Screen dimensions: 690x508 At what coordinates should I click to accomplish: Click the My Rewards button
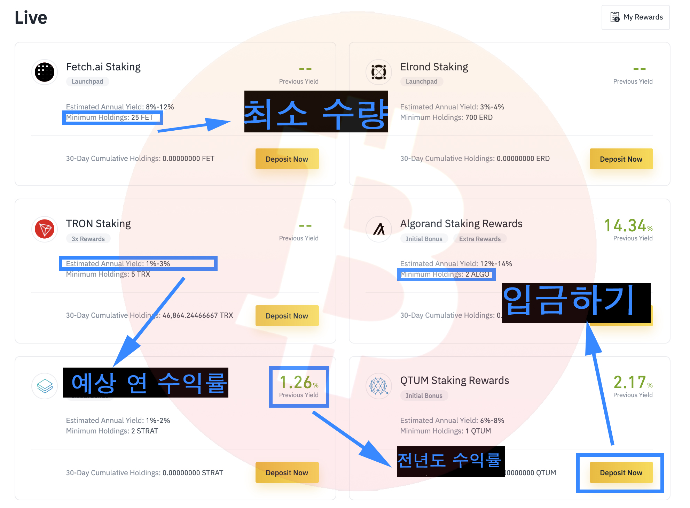636,17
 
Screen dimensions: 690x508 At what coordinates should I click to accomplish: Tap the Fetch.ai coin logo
45,72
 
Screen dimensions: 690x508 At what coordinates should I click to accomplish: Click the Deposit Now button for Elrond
621,159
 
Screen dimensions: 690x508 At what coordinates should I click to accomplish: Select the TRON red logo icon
45,229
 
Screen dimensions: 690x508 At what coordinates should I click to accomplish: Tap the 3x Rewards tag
88,239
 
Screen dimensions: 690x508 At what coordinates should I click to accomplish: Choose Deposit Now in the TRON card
287,316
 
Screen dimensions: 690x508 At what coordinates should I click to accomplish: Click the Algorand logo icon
379,229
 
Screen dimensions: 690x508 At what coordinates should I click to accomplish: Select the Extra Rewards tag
479,239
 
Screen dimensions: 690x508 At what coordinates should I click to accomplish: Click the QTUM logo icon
379,386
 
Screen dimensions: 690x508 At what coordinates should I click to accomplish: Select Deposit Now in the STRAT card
287,473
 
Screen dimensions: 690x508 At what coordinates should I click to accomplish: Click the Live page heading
31,17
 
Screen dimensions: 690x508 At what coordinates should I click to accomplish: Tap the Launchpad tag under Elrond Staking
421,82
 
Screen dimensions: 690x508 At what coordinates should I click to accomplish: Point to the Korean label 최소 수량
316,112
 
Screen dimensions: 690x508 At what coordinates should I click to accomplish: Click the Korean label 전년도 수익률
450,461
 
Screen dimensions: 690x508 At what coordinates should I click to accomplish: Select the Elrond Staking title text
434,67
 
